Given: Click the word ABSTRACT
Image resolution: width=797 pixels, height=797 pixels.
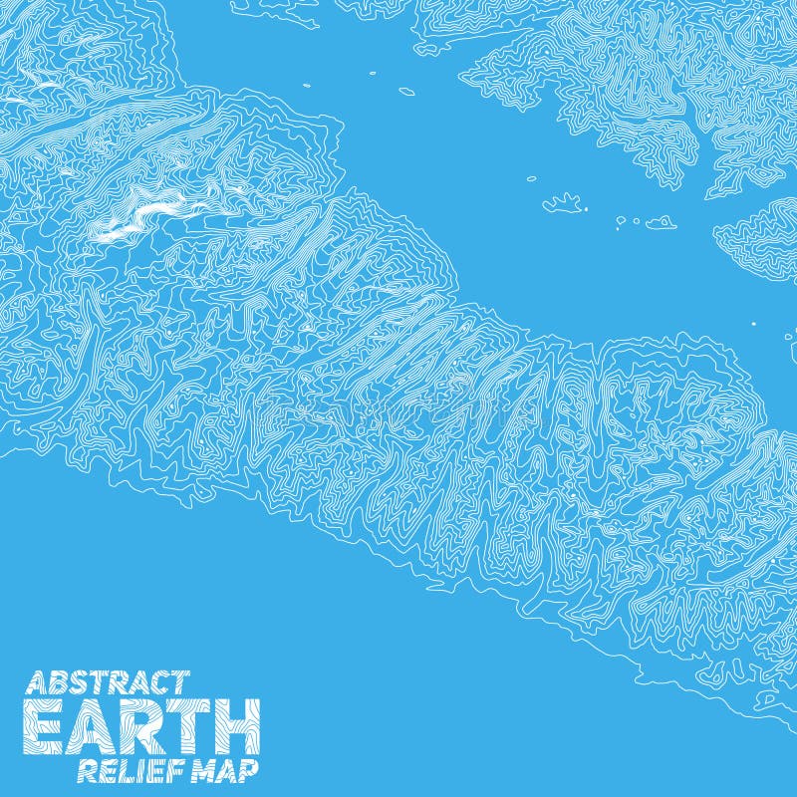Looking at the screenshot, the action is click(107, 682).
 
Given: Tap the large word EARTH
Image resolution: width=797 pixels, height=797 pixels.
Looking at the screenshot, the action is click(141, 727).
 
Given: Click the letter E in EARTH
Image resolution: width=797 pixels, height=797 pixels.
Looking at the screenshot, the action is click(44, 727).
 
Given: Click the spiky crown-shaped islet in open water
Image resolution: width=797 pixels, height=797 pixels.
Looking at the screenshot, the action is click(564, 203).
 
